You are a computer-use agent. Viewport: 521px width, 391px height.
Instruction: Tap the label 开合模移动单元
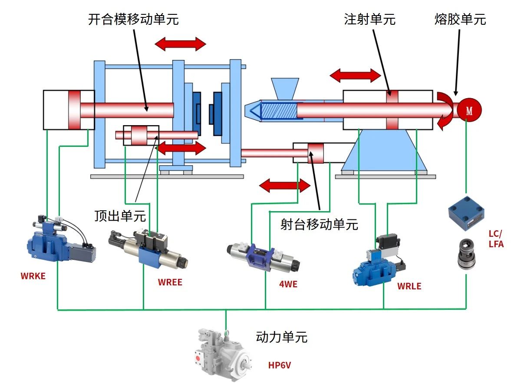pos(133,20)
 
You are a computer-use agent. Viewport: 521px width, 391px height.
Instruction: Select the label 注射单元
pos(370,20)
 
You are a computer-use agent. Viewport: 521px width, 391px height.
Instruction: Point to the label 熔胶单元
pos(460,20)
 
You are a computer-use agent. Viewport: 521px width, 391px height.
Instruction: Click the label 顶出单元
pos(120,215)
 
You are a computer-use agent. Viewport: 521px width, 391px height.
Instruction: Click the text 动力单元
pos(282,337)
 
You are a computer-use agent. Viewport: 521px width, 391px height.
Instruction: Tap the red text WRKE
pos(33,276)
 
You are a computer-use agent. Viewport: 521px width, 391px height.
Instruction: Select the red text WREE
pos(170,282)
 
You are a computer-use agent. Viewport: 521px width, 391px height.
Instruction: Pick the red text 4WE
pos(288,285)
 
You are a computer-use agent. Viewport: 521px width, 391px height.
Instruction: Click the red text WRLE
pos(409,286)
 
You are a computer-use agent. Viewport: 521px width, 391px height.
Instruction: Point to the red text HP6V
pos(279,365)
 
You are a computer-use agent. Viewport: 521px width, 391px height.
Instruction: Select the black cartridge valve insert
pos(467,253)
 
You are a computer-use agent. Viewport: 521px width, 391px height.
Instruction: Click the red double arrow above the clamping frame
pos(180,44)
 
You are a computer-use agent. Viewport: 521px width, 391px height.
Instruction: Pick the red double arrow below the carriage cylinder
pos(284,186)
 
